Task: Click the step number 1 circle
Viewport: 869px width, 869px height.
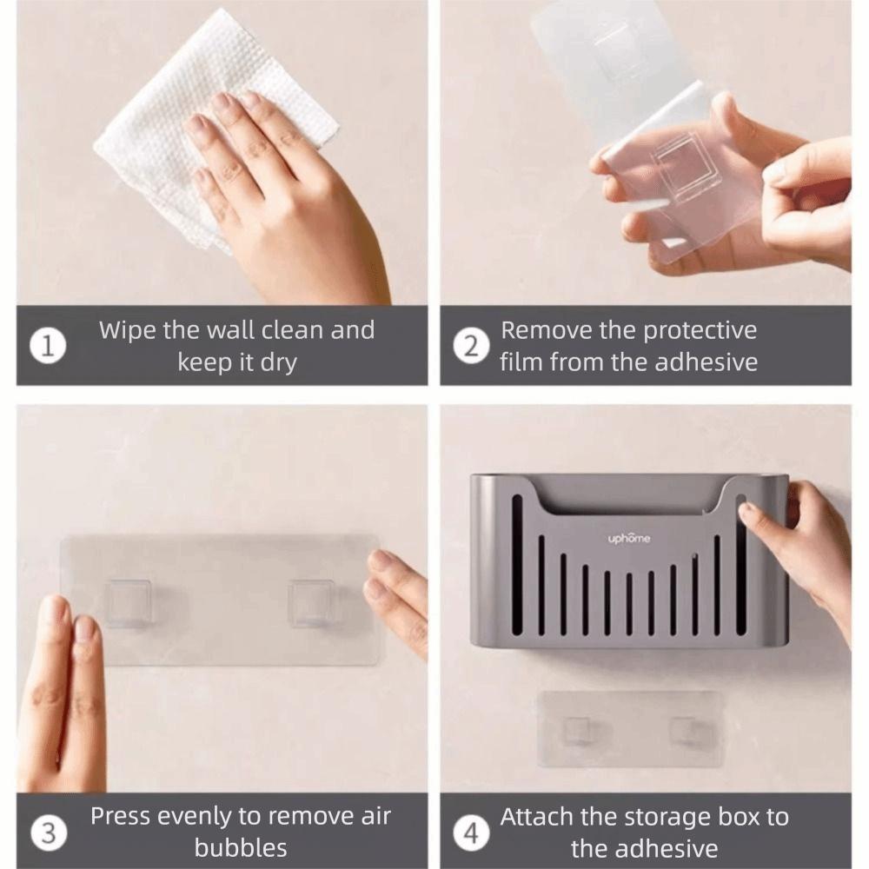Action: [x=49, y=346]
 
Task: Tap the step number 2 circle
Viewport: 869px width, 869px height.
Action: [x=471, y=346]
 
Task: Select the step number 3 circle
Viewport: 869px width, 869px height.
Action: [x=49, y=832]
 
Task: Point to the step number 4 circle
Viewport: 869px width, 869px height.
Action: [x=471, y=832]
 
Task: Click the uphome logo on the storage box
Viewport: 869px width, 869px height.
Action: [x=628, y=539]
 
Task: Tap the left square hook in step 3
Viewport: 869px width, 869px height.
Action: [x=129, y=603]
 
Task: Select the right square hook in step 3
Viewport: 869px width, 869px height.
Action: [x=313, y=603]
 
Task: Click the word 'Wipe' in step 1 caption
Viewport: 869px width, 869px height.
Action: [x=127, y=330]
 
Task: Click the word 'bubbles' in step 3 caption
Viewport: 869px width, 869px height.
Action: [x=241, y=847]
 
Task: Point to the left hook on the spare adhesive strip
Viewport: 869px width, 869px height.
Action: [x=576, y=731]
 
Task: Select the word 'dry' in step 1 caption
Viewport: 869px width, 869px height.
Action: [x=277, y=362]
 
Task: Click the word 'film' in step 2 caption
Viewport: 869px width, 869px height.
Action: [x=521, y=362]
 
